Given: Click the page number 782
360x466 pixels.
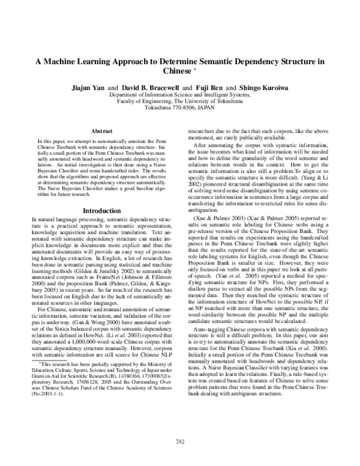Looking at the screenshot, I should (180, 442).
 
